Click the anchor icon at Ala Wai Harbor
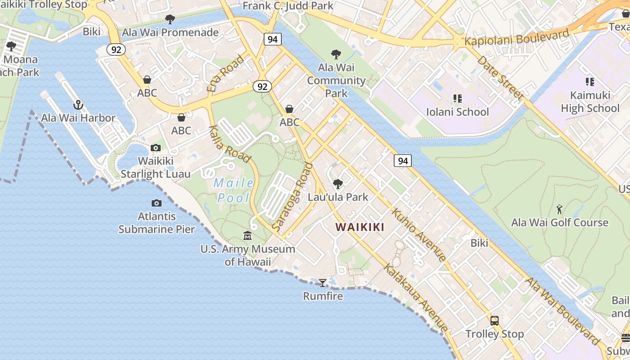pos(79,105)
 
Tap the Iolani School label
pos(457,112)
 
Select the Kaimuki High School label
pos(590,102)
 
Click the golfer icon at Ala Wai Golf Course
pos(559,209)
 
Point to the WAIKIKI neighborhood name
pos(360,227)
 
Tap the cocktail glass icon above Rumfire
pos(323,283)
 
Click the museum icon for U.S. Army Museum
pos(247,236)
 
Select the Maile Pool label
pos(234,190)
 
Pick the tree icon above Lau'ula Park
pos(337,184)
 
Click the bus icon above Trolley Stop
pos(495,321)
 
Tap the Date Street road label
pos(500,78)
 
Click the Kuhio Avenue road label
pos(419,234)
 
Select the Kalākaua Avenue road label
pos(416,297)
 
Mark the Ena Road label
pos(225,73)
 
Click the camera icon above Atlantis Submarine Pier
pos(157,203)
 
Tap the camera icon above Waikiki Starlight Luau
pos(156,148)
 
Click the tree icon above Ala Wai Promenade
pos(170,19)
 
